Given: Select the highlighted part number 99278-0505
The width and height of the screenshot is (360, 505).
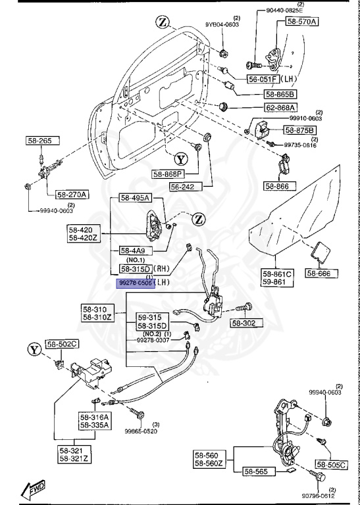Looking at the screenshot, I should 136,282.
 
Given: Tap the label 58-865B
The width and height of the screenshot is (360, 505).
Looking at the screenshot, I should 264,94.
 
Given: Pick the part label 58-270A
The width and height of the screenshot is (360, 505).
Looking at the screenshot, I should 72,195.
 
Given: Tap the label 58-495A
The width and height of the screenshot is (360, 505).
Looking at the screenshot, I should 135,198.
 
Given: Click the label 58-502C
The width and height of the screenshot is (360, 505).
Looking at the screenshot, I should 62,344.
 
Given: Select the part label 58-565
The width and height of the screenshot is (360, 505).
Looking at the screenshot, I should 257,471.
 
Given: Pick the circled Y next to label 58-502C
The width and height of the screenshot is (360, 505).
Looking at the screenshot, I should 32,349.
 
